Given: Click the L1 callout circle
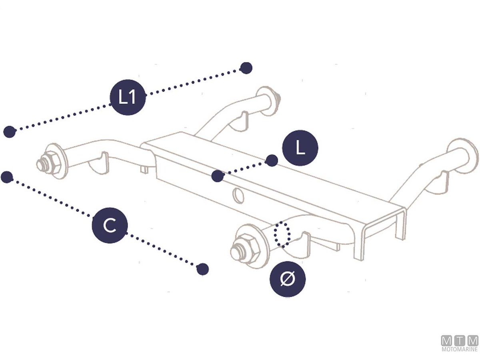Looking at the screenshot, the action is tap(128, 97).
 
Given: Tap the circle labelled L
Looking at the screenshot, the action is tap(300, 148).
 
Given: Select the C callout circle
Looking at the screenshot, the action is tap(110, 225).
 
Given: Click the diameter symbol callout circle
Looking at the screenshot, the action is tap(288, 279).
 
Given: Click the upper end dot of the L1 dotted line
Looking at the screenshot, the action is tap(246, 68).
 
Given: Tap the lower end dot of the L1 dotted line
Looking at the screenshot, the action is tap(10, 132).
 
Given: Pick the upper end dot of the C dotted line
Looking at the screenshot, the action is tap(7, 177).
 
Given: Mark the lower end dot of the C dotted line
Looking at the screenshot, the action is tap(202, 269).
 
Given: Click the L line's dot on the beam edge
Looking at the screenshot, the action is tap(218, 176).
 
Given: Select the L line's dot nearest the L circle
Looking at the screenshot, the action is tap(272, 161).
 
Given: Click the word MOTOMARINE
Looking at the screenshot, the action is tap(460, 349).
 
